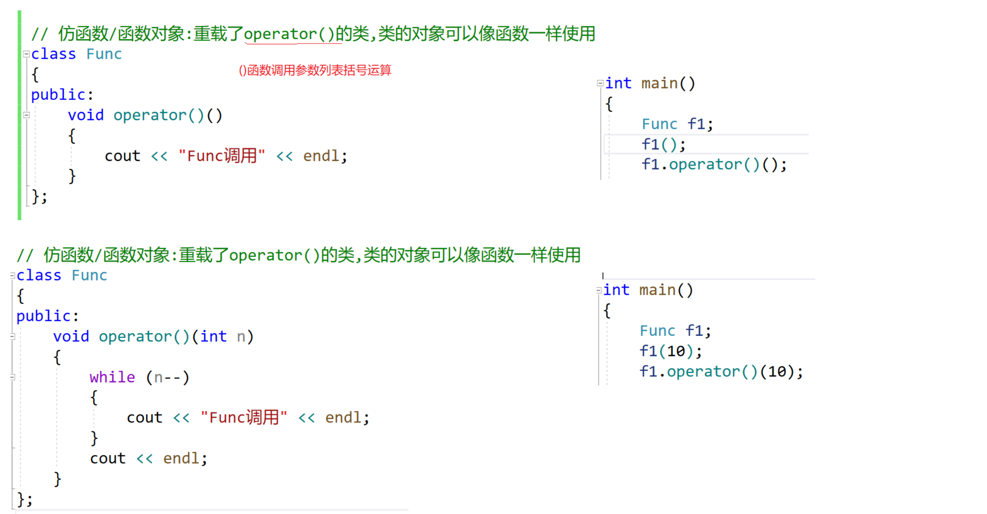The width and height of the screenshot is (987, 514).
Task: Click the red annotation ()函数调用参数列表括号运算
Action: (x=315, y=70)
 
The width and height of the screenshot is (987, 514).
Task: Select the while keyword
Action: (x=112, y=377)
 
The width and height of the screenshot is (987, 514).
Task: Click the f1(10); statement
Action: (x=670, y=351)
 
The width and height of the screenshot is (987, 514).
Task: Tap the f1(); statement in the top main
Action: (x=663, y=144)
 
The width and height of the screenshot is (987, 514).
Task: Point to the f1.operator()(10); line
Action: (x=721, y=372)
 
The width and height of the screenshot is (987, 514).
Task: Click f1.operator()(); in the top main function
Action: (x=714, y=164)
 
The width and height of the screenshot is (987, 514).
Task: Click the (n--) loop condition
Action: (x=168, y=377)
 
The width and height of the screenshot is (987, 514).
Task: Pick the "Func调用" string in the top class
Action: (x=221, y=156)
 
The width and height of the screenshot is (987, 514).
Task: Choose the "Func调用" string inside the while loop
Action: (x=244, y=417)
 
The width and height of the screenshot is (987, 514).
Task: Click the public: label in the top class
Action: (x=62, y=95)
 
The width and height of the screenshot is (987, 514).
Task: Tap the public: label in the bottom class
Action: (x=47, y=316)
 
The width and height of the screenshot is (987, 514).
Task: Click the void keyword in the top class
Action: (x=86, y=115)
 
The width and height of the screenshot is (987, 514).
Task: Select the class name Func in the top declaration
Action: (x=104, y=54)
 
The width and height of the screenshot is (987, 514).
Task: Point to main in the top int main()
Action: (x=659, y=83)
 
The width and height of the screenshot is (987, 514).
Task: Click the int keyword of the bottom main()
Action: (x=616, y=290)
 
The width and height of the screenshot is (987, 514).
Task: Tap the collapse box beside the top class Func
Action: (x=26, y=54)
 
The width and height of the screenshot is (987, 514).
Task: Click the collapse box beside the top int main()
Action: (x=600, y=83)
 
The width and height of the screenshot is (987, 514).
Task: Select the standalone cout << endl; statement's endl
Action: (x=181, y=458)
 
